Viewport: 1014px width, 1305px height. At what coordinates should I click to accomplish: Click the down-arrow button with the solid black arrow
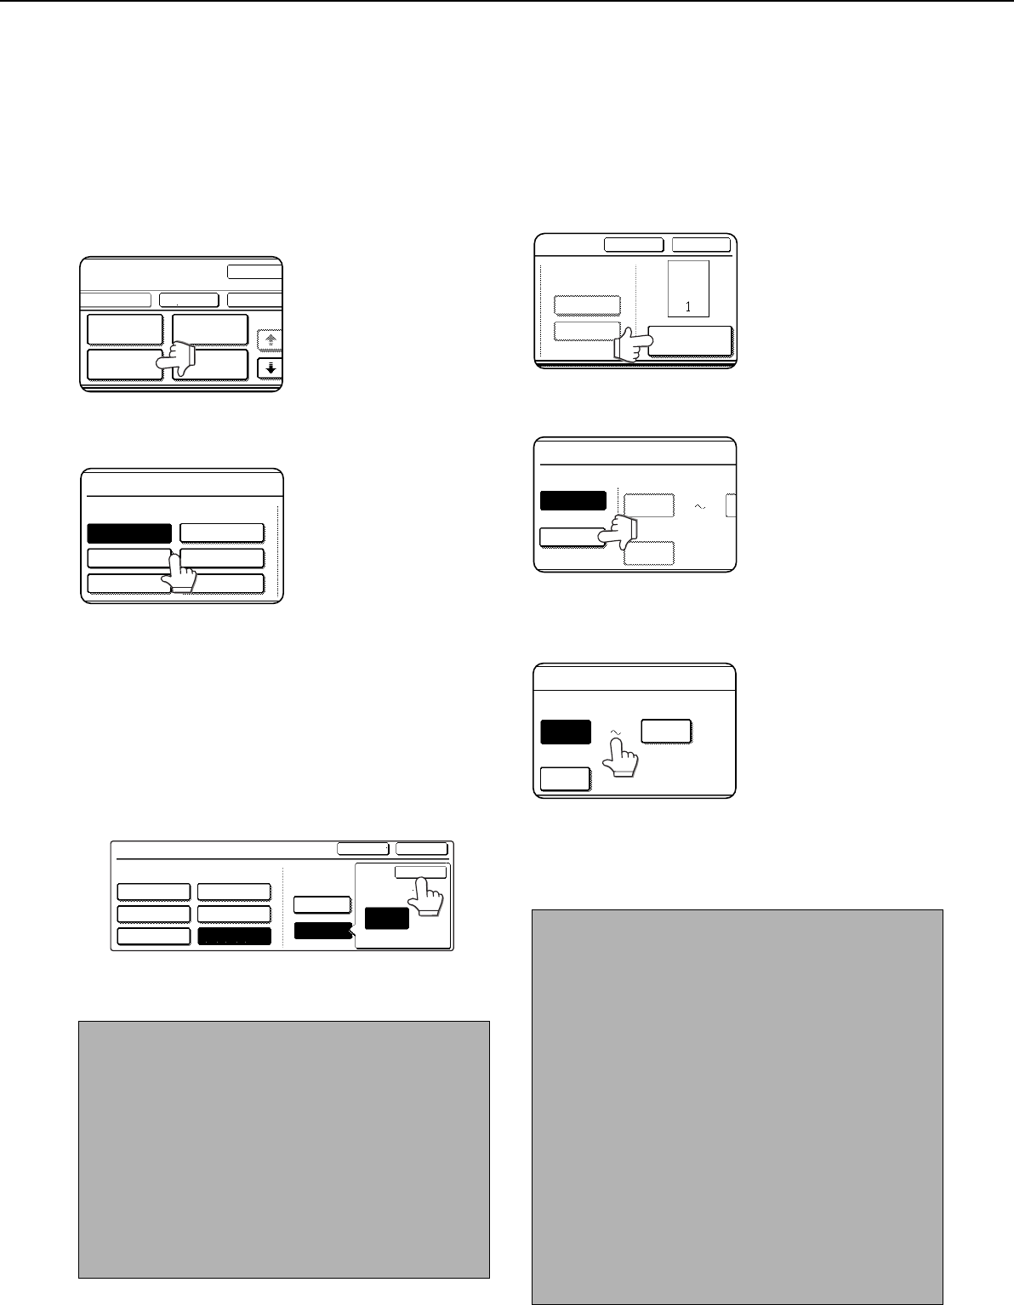pyautogui.click(x=271, y=368)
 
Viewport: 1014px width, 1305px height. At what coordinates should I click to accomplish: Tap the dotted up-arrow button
pyautogui.click(x=271, y=340)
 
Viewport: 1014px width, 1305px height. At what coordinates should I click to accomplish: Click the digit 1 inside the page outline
pyautogui.click(x=688, y=307)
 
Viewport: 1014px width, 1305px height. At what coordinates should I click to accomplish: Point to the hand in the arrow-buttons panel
pyautogui.click(x=175, y=359)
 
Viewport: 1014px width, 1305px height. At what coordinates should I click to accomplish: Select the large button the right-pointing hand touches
pyautogui.click(x=691, y=341)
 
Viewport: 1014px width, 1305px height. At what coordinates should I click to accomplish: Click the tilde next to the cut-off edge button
pyautogui.click(x=699, y=507)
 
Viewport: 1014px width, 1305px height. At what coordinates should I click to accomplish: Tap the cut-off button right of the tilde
pyautogui.click(x=731, y=505)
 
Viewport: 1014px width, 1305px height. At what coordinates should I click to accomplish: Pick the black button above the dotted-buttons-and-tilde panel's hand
pyautogui.click(x=573, y=501)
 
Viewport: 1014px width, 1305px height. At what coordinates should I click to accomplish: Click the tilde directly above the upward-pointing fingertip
pyautogui.click(x=615, y=732)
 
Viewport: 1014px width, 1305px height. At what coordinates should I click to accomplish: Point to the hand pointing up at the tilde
pyautogui.click(x=619, y=757)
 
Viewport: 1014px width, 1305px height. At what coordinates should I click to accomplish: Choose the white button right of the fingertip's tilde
pyautogui.click(x=666, y=732)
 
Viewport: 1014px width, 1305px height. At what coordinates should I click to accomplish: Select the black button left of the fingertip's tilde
pyautogui.click(x=566, y=732)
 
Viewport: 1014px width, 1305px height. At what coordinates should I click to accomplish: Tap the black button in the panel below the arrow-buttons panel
pyautogui.click(x=129, y=533)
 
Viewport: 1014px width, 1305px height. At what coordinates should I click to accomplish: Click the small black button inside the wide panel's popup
pyautogui.click(x=387, y=918)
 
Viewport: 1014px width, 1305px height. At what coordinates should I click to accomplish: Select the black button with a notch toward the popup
pyautogui.click(x=323, y=931)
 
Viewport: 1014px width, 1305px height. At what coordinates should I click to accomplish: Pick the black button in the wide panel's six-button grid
pyautogui.click(x=234, y=937)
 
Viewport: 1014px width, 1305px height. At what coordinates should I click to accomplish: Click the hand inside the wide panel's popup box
pyautogui.click(x=425, y=897)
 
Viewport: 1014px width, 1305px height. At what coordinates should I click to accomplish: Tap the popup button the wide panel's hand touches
pyautogui.click(x=421, y=873)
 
